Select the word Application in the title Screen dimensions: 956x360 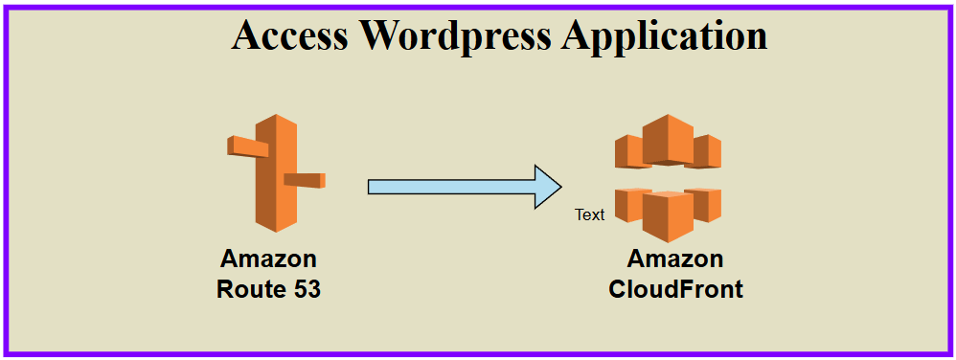(x=665, y=35)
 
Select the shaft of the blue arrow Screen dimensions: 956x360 (x=450, y=187)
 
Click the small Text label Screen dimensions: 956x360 (x=589, y=214)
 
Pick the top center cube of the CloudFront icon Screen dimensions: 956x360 (x=668, y=139)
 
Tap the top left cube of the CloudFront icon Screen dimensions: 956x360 (x=629, y=151)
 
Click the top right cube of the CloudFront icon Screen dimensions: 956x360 (x=708, y=151)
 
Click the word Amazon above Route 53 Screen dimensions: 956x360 (x=268, y=259)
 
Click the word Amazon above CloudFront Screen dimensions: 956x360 (x=675, y=259)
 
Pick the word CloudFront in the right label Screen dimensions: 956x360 (x=675, y=288)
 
